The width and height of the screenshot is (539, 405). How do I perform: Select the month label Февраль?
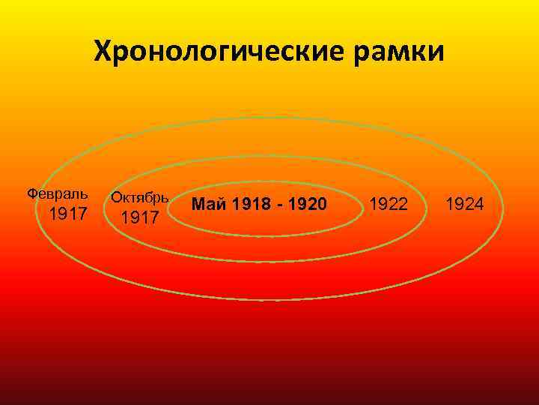pos(58,193)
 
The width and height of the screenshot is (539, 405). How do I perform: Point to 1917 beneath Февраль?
pos(67,214)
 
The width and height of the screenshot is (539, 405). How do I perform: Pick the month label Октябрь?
pos(139,197)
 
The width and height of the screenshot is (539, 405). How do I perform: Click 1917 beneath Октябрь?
pos(139,218)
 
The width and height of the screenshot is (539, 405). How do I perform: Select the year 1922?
pos(389,203)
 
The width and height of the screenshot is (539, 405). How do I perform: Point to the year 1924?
pos(464,203)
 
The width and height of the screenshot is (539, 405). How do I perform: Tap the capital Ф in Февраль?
pos(32,193)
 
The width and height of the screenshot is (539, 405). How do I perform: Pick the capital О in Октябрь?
pos(115,197)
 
